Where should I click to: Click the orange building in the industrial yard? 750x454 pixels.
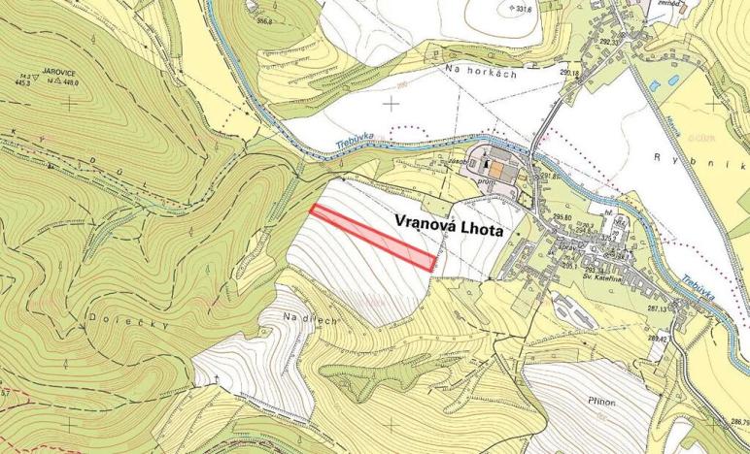(x=497, y=171)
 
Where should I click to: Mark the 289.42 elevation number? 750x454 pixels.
(x=660, y=339)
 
